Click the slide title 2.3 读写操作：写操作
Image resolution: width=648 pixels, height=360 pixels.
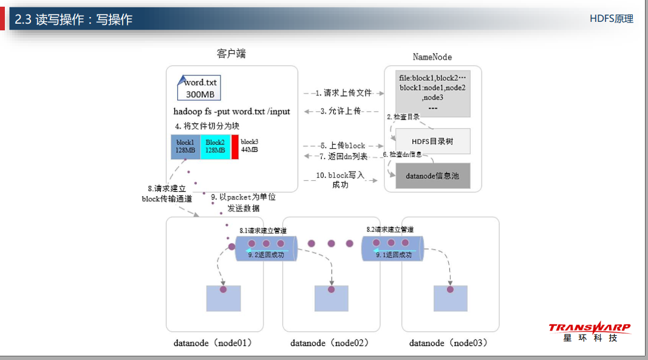[73, 19]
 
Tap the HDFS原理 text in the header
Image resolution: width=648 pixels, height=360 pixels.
[611, 19]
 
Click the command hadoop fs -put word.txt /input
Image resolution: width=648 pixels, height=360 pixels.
[231, 111]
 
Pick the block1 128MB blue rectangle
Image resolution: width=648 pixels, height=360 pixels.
[185, 146]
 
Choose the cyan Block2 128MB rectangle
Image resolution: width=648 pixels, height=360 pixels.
[215, 146]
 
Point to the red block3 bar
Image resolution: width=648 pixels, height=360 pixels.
[234, 146]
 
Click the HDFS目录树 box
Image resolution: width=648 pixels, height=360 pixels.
[432, 141]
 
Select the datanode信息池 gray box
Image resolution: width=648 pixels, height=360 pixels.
[432, 175]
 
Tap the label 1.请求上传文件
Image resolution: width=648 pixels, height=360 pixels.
[344, 93]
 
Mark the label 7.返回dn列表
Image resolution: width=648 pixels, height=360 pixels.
[344, 157]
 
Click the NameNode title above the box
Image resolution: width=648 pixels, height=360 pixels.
[432, 57]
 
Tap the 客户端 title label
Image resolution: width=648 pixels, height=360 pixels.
[231, 54]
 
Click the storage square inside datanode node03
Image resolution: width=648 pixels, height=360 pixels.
[450, 297]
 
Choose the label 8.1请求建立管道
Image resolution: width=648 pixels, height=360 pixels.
[263, 231]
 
